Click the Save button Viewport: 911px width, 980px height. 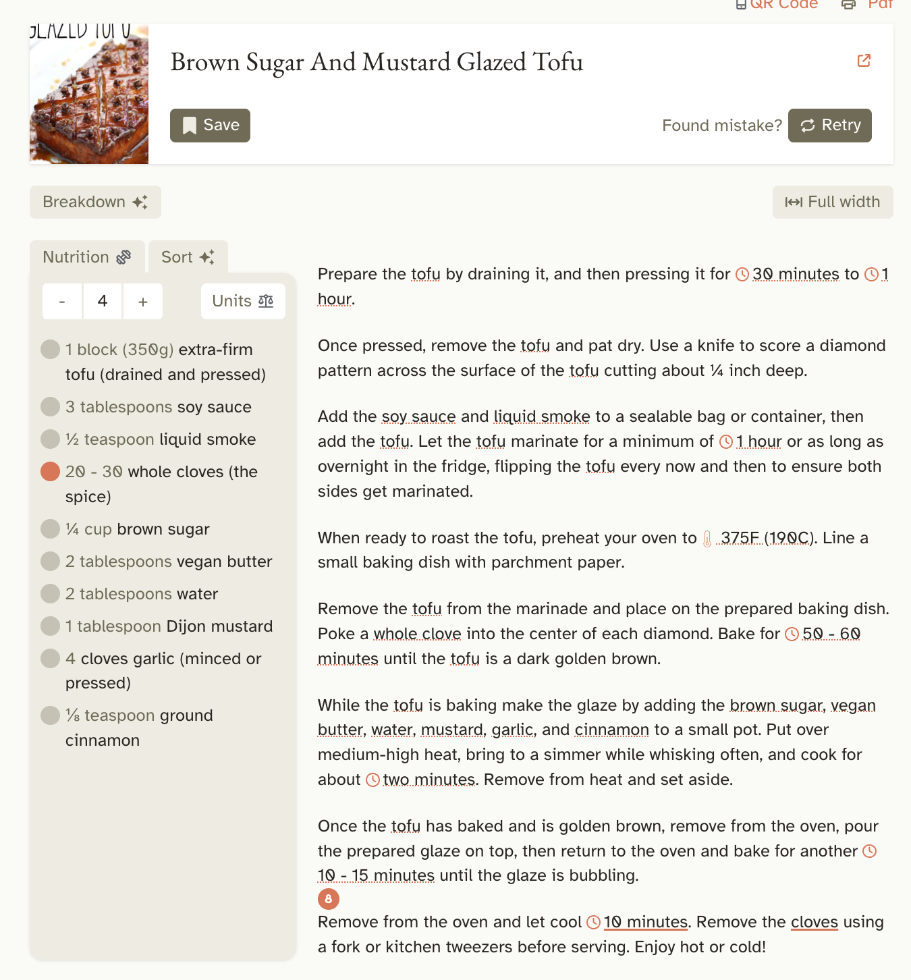point(210,126)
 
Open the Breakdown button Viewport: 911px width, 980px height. point(95,202)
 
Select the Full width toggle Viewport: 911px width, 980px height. point(832,202)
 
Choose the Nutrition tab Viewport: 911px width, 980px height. point(86,257)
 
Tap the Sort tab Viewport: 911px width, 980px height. point(188,257)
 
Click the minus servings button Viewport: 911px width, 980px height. point(62,302)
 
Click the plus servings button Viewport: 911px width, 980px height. point(142,302)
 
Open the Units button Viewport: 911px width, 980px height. point(243,301)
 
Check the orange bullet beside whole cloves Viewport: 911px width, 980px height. point(51,472)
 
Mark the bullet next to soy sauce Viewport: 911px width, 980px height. point(51,407)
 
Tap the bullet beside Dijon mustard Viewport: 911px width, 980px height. point(51,626)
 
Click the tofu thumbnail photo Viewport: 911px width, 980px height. point(89,94)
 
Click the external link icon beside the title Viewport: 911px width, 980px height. point(864,61)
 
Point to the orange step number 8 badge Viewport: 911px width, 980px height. point(329,899)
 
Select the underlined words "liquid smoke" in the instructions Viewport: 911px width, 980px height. point(542,416)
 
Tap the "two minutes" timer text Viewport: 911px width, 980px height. point(429,780)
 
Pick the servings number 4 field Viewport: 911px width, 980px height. point(103,301)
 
